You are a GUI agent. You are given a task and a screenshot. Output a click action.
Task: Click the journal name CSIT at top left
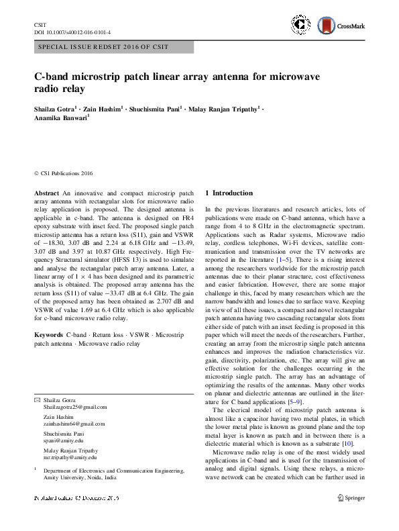pos(40,24)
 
